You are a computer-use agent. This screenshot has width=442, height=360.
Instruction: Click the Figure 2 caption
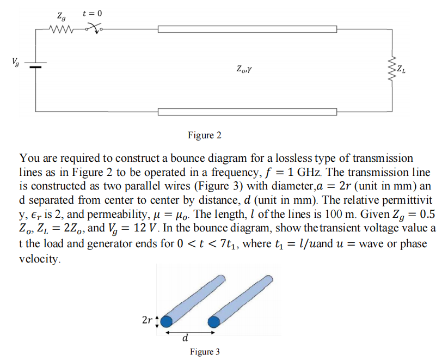pos(204,135)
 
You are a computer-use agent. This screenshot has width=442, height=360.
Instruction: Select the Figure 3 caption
pos(205,352)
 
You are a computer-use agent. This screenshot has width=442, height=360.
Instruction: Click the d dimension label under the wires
pos(188,340)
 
